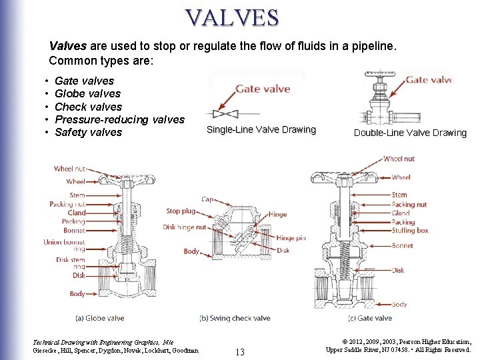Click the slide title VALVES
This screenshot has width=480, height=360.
pyautogui.click(x=232, y=17)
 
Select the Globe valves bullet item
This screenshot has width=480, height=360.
pyautogui.click(x=87, y=94)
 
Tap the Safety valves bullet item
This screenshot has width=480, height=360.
pyautogui.click(x=88, y=132)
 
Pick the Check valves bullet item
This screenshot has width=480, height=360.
pyautogui.click(x=88, y=107)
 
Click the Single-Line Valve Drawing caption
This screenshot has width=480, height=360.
pyautogui.click(x=261, y=129)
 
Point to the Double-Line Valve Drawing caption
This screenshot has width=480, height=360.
pyautogui.click(x=410, y=133)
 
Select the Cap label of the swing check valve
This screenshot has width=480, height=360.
pyautogui.click(x=207, y=199)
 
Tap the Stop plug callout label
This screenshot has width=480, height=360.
pyautogui.click(x=181, y=211)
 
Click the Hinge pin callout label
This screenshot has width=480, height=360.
pyautogui.click(x=290, y=238)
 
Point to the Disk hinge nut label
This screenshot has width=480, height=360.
pyautogui.click(x=185, y=227)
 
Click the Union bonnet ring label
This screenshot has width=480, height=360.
pyautogui.click(x=65, y=245)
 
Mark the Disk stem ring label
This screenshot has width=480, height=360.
pyautogui.click(x=71, y=263)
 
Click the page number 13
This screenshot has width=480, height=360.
pyautogui.click(x=241, y=351)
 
